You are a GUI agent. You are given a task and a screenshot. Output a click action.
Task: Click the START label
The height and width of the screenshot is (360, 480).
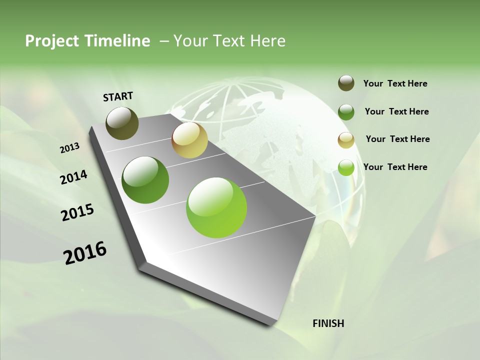[x=118, y=96]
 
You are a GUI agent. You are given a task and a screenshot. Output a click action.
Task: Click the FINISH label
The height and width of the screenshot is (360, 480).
[x=328, y=323]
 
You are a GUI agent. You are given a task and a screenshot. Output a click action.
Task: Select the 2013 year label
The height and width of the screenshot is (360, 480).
[x=70, y=147]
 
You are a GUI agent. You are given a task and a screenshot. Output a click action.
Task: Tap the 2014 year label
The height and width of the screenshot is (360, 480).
[x=73, y=177]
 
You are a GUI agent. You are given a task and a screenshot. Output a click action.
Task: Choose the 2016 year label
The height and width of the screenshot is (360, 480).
[x=85, y=252]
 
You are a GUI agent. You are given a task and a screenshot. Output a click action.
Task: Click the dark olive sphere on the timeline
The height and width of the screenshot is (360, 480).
[x=122, y=123]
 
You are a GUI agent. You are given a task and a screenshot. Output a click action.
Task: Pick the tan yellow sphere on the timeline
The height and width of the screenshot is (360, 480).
[x=189, y=140]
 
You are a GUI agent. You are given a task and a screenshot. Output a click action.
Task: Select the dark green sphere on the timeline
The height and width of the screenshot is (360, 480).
[x=145, y=180]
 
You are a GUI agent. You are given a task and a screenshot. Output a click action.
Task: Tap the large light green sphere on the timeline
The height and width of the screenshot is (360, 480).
[x=216, y=207]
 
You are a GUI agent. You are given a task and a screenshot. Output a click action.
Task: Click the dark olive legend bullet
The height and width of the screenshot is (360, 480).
[x=346, y=83]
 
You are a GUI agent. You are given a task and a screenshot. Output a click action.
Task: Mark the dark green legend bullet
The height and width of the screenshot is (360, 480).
[x=346, y=112]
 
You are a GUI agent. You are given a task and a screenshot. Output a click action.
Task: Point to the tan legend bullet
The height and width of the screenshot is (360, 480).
[x=346, y=140]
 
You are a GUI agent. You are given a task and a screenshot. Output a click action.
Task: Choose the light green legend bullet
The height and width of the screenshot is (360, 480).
[x=346, y=167]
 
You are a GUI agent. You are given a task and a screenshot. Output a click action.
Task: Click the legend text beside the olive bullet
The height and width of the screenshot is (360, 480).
[x=395, y=83]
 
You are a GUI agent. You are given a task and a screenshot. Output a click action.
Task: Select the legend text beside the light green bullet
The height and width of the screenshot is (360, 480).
[x=395, y=167]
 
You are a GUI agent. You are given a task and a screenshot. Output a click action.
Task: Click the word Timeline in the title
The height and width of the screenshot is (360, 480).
[x=117, y=41]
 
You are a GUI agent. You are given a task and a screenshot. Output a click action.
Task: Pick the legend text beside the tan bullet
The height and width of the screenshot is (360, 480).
[x=397, y=139]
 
